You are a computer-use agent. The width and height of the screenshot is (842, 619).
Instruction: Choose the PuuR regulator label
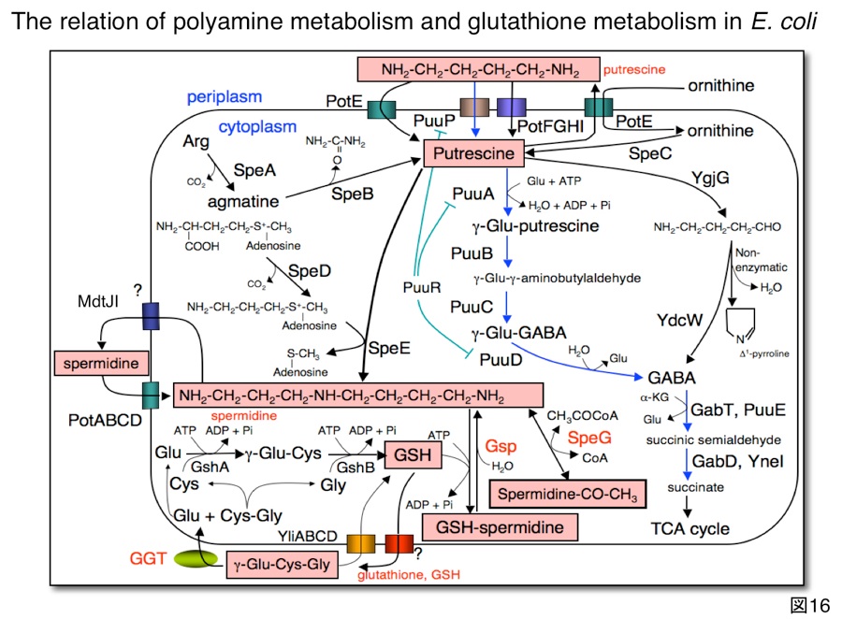[x=424, y=285]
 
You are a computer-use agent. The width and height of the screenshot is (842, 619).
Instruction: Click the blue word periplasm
[x=224, y=96]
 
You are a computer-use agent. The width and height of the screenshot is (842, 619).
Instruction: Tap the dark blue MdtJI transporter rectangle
[x=152, y=317]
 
